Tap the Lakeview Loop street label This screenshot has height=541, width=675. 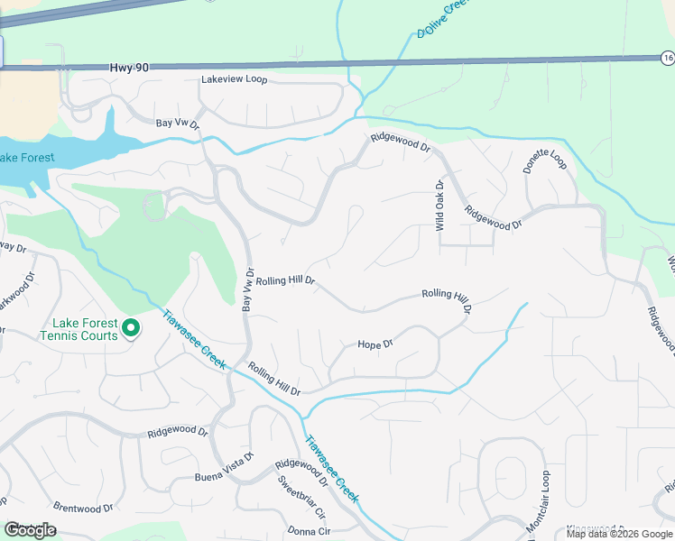[x=235, y=79]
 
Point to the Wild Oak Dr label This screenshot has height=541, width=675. [x=440, y=206]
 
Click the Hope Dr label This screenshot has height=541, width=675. [x=375, y=344]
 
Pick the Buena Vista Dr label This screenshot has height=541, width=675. [x=225, y=477]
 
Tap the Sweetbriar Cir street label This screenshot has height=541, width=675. [x=301, y=497]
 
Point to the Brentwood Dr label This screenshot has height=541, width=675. [x=84, y=508]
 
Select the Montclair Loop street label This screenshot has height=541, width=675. [x=537, y=500]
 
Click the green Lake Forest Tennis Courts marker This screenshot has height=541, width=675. [x=131, y=328]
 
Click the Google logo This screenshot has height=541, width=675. [x=29, y=530]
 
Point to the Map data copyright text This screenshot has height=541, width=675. [x=618, y=534]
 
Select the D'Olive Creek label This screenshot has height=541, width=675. [x=444, y=18]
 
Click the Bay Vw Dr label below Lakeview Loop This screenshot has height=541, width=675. [x=177, y=123]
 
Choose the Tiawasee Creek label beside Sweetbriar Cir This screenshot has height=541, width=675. [x=331, y=471]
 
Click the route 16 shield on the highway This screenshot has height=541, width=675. [x=667, y=58]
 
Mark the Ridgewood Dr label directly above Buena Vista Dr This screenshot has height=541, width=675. [x=178, y=432]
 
